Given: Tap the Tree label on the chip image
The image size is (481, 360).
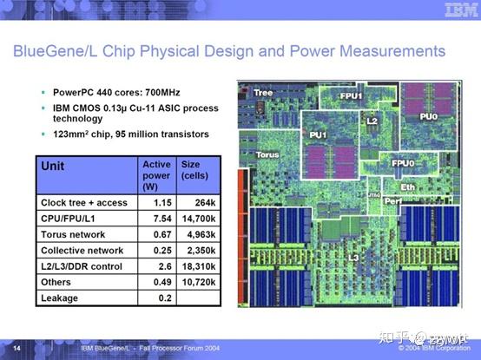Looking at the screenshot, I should point(263,93).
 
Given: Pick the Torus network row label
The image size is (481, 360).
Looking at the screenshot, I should point(74,234).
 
